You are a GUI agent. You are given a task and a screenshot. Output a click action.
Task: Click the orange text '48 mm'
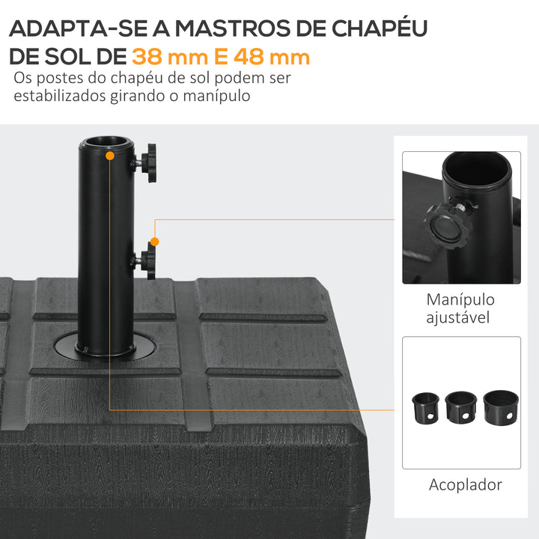coord(272,56)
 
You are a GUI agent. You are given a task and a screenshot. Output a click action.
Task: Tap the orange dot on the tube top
coord(110,156)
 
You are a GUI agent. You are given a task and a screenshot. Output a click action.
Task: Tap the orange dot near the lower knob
coord(154,241)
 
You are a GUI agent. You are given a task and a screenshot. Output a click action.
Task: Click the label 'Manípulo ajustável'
coord(460,308)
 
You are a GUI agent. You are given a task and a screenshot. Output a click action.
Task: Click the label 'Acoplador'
coord(465,484)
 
